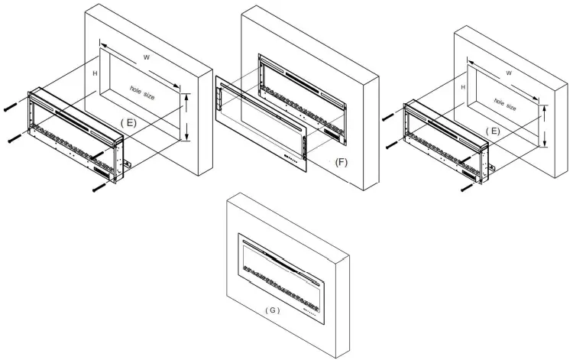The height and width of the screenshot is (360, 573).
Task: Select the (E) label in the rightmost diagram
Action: click(497, 131)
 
